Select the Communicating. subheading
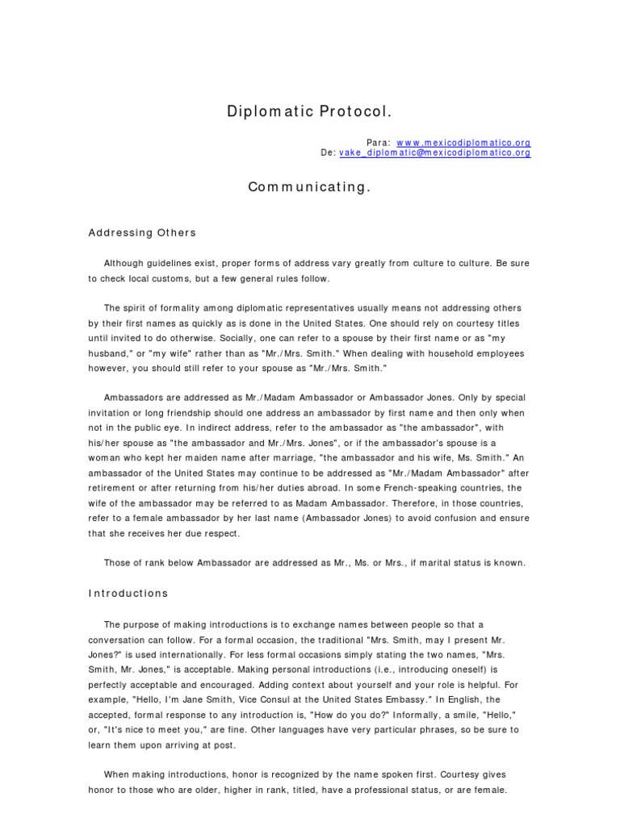coord(309,187)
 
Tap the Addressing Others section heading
coord(141,233)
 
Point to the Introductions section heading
coord(128,593)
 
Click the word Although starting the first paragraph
coord(128,264)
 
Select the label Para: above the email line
coord(378,142)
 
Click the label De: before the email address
coord(328,152)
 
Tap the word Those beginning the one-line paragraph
coord(119,563)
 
